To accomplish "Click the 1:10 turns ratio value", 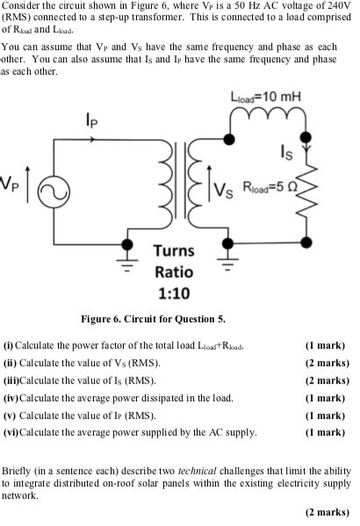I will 172,292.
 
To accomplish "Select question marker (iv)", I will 11,398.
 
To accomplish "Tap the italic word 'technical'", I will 204,470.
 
